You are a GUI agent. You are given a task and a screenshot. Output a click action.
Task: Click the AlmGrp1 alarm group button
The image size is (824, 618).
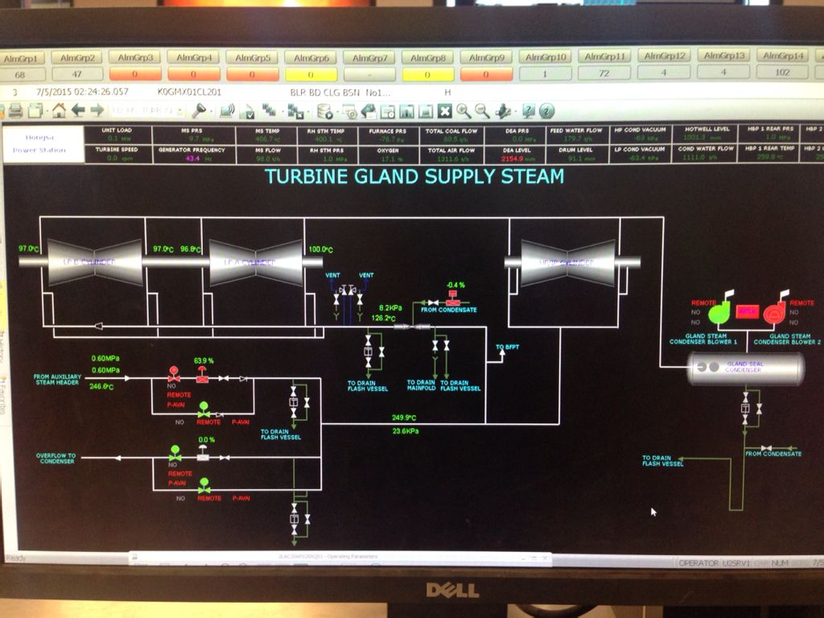click(23, 58)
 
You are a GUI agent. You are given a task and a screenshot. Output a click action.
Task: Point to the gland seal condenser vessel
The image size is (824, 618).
click(744, 369)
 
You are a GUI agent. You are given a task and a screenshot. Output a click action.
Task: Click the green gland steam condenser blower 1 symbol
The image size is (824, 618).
click(719, 311)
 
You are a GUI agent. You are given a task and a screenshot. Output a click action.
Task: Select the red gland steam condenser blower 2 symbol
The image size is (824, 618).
click(775, 311)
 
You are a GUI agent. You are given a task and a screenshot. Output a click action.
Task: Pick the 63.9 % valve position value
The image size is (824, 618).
click(204, 360)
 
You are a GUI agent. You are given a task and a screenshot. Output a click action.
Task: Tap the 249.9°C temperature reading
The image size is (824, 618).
click(404, 418)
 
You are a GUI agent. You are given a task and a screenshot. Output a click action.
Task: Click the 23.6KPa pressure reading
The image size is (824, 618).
click(406, 431)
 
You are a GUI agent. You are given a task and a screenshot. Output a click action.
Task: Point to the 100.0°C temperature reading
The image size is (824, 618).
click(320, 249)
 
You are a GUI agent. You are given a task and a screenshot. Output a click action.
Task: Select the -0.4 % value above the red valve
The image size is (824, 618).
click(456, 285)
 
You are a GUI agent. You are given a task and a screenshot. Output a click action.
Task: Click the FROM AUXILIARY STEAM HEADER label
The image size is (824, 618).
click(57, 379)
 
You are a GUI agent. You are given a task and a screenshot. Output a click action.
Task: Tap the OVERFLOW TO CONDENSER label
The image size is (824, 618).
click(56, 459)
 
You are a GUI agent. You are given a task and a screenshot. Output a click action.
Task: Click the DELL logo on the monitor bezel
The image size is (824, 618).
click(452, 590)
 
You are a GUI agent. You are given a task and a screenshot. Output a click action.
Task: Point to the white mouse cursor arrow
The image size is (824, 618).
click(653, 511)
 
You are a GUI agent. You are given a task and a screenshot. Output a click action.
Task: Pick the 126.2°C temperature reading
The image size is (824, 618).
click(383, 318)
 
